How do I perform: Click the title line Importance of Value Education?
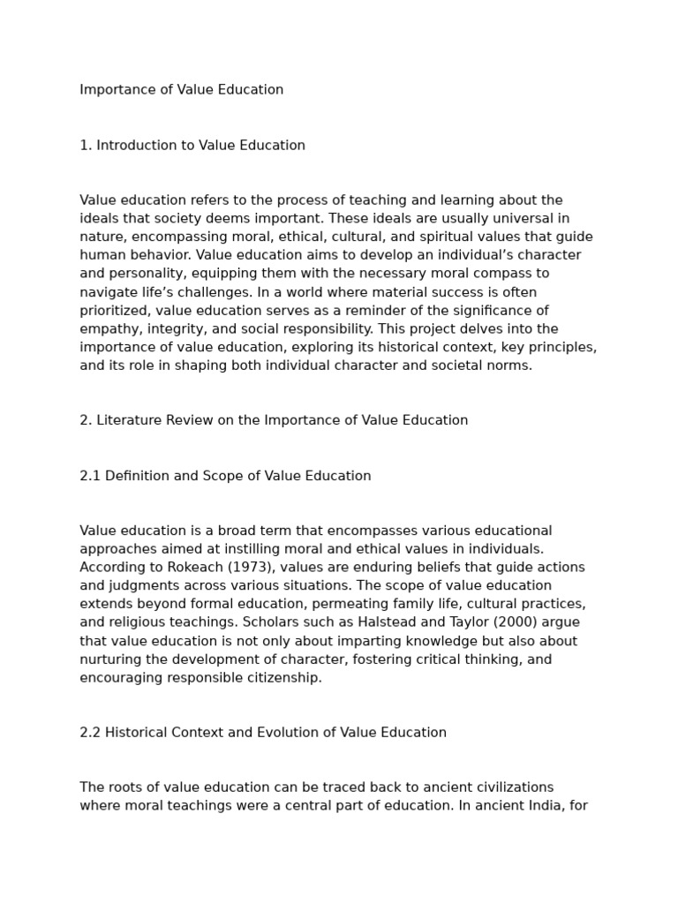click(x=181, y=90)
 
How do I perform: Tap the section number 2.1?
click(x=90, y=476)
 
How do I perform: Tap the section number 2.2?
click(x=90, y=733)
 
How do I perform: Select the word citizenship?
click(x=282, y=678)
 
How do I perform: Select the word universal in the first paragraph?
click(x=512, y=218)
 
